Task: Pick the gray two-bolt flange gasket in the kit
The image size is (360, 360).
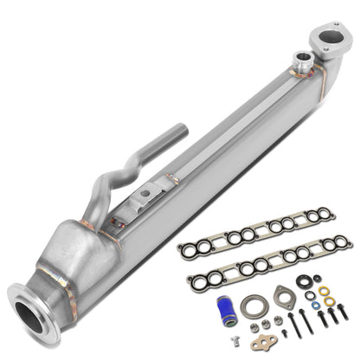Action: pos(284,297)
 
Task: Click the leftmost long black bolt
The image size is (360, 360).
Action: pos(291,324)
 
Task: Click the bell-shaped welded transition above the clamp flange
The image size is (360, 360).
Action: pos(78,251)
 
